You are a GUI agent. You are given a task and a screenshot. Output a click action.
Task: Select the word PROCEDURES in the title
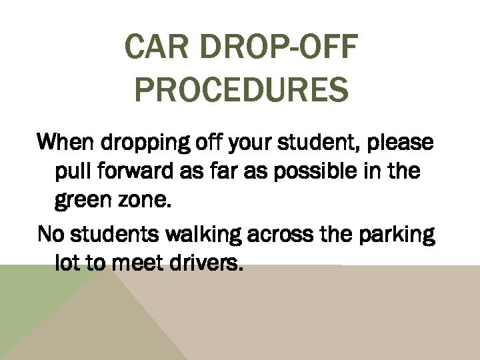click(241, 90)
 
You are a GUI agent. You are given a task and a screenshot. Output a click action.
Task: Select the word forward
click(137, 171)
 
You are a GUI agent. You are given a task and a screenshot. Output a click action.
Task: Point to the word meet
click(134, 264)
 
